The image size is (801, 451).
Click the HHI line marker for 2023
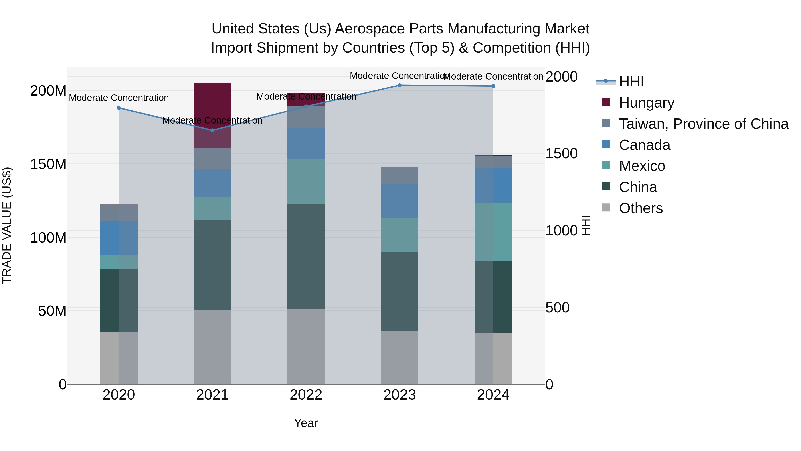[x=400, y=85]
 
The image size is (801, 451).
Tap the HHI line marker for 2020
[x=119, y=108]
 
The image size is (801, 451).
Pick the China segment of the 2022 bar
[x=306, y=256]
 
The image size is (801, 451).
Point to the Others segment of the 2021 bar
[x=212, y=347]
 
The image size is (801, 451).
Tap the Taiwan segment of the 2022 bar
[x=306, y=117]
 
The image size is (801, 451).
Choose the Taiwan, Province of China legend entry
[x=703, y=124]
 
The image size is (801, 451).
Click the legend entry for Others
[x=641, y=208]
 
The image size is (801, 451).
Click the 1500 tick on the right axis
[x=562, y=153]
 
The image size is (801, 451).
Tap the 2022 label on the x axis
[x=306, y=395]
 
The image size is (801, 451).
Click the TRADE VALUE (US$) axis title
[x=7, y=225]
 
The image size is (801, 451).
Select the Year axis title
[x=306, y=423]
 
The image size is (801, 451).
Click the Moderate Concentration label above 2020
[x=119, y=98]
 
